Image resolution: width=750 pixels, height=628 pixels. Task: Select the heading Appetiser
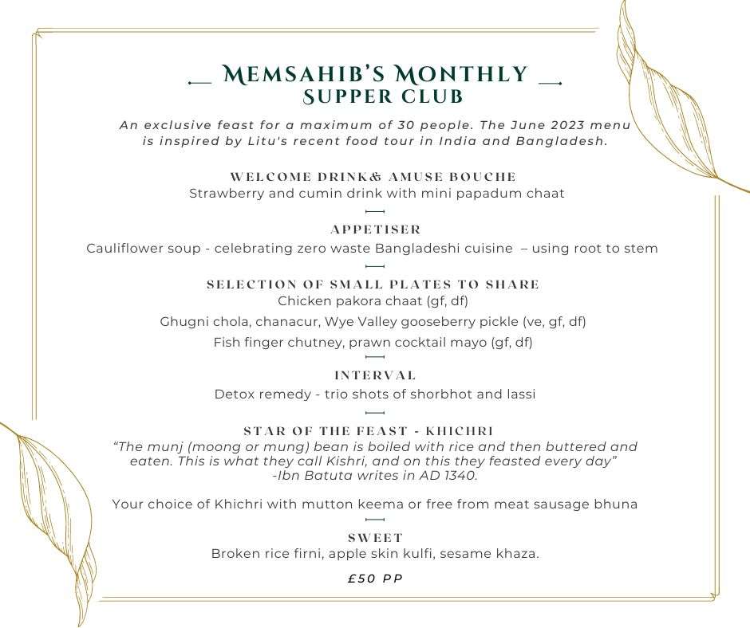point(375,230)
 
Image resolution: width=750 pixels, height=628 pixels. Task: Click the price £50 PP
point(375,579)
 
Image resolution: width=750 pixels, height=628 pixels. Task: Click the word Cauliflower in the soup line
point(123,249)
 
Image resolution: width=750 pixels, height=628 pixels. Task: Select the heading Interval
point(375,375)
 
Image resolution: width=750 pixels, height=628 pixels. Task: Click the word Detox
point(234,394)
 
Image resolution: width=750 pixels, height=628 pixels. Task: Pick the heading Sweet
point(375,538)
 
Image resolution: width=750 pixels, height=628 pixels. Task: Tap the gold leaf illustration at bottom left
point(52,510)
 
